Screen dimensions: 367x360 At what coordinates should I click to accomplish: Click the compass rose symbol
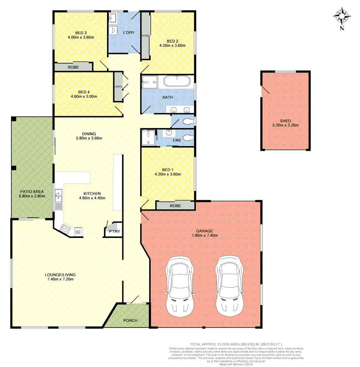click(342, 16)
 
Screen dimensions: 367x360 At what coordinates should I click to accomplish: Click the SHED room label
click(285, 121)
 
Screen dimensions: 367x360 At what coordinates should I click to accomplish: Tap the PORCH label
click(130, 320)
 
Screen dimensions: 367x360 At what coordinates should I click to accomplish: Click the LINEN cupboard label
click(118, 87)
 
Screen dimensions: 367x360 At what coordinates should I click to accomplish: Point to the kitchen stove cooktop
click(65, 230)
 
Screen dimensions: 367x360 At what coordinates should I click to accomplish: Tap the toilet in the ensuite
click(187, 138)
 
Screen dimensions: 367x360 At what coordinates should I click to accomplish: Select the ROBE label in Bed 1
click(175, 206)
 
